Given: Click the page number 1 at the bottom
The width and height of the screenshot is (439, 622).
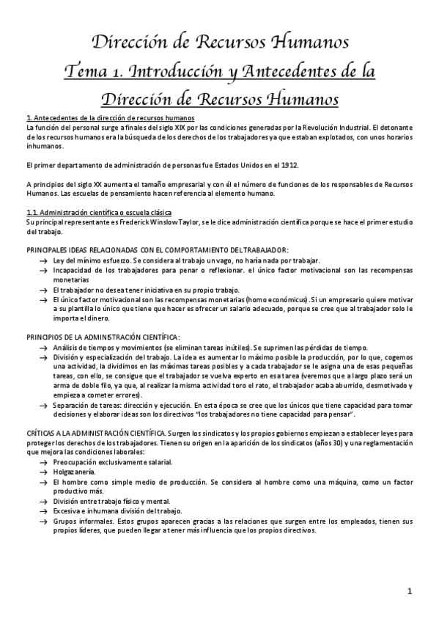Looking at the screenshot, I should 410,591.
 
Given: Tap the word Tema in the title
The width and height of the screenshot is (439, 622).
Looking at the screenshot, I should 86,72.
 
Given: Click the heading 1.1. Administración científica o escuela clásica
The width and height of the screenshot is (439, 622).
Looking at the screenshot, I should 92,213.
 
